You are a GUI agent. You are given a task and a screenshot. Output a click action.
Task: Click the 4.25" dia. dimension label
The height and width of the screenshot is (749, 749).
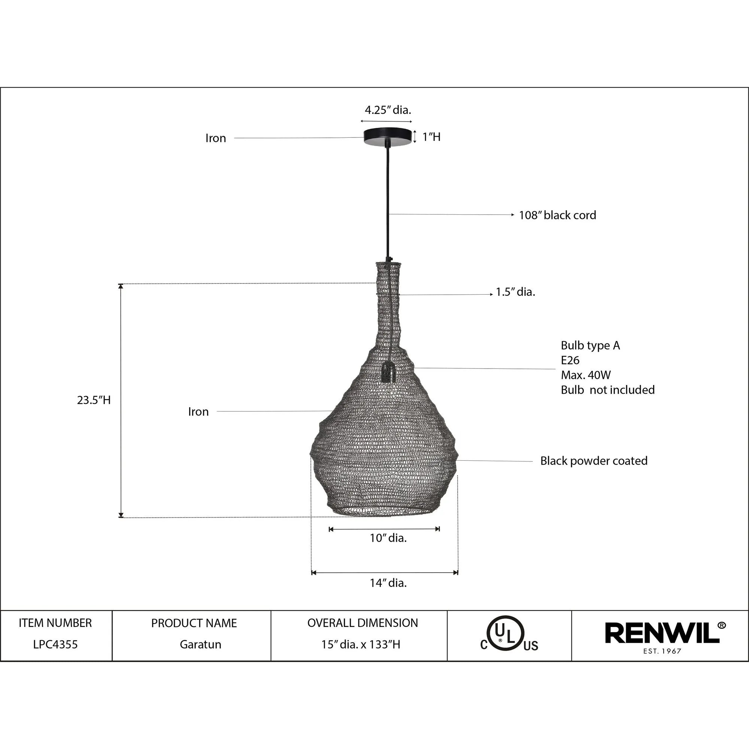pyautogui.click(x=388, y=110)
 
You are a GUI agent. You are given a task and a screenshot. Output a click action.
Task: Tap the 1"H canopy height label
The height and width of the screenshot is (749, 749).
pyautogui.click(x=431, y=137)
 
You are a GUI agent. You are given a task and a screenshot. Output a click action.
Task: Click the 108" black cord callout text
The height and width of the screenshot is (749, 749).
pyautogui.click(x=557, y=215)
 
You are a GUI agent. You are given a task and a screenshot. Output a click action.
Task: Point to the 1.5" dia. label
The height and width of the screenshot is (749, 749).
pyautogui.click(x=515, y=292)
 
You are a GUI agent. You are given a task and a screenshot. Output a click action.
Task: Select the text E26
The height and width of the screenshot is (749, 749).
pyautogui.click(x=570, y=360)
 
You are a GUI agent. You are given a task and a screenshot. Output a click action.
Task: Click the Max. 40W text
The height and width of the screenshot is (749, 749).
pyautogui.click(x=585, y=375)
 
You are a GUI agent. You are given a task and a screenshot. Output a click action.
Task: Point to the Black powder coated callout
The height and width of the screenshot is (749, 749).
pyautogui.click(x=594, y=461)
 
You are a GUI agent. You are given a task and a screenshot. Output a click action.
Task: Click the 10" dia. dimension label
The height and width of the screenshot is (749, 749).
pyautogui.click(x=388, y=538)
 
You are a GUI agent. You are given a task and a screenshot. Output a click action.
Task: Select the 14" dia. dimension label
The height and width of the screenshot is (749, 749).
pyautogui.click(x=388, y=583)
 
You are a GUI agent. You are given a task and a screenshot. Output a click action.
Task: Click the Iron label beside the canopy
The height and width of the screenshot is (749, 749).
pyautogui.click(x=216, y=138)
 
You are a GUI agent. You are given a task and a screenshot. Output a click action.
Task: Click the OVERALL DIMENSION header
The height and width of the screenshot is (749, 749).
pyautogui.click(x=363, y=623)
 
